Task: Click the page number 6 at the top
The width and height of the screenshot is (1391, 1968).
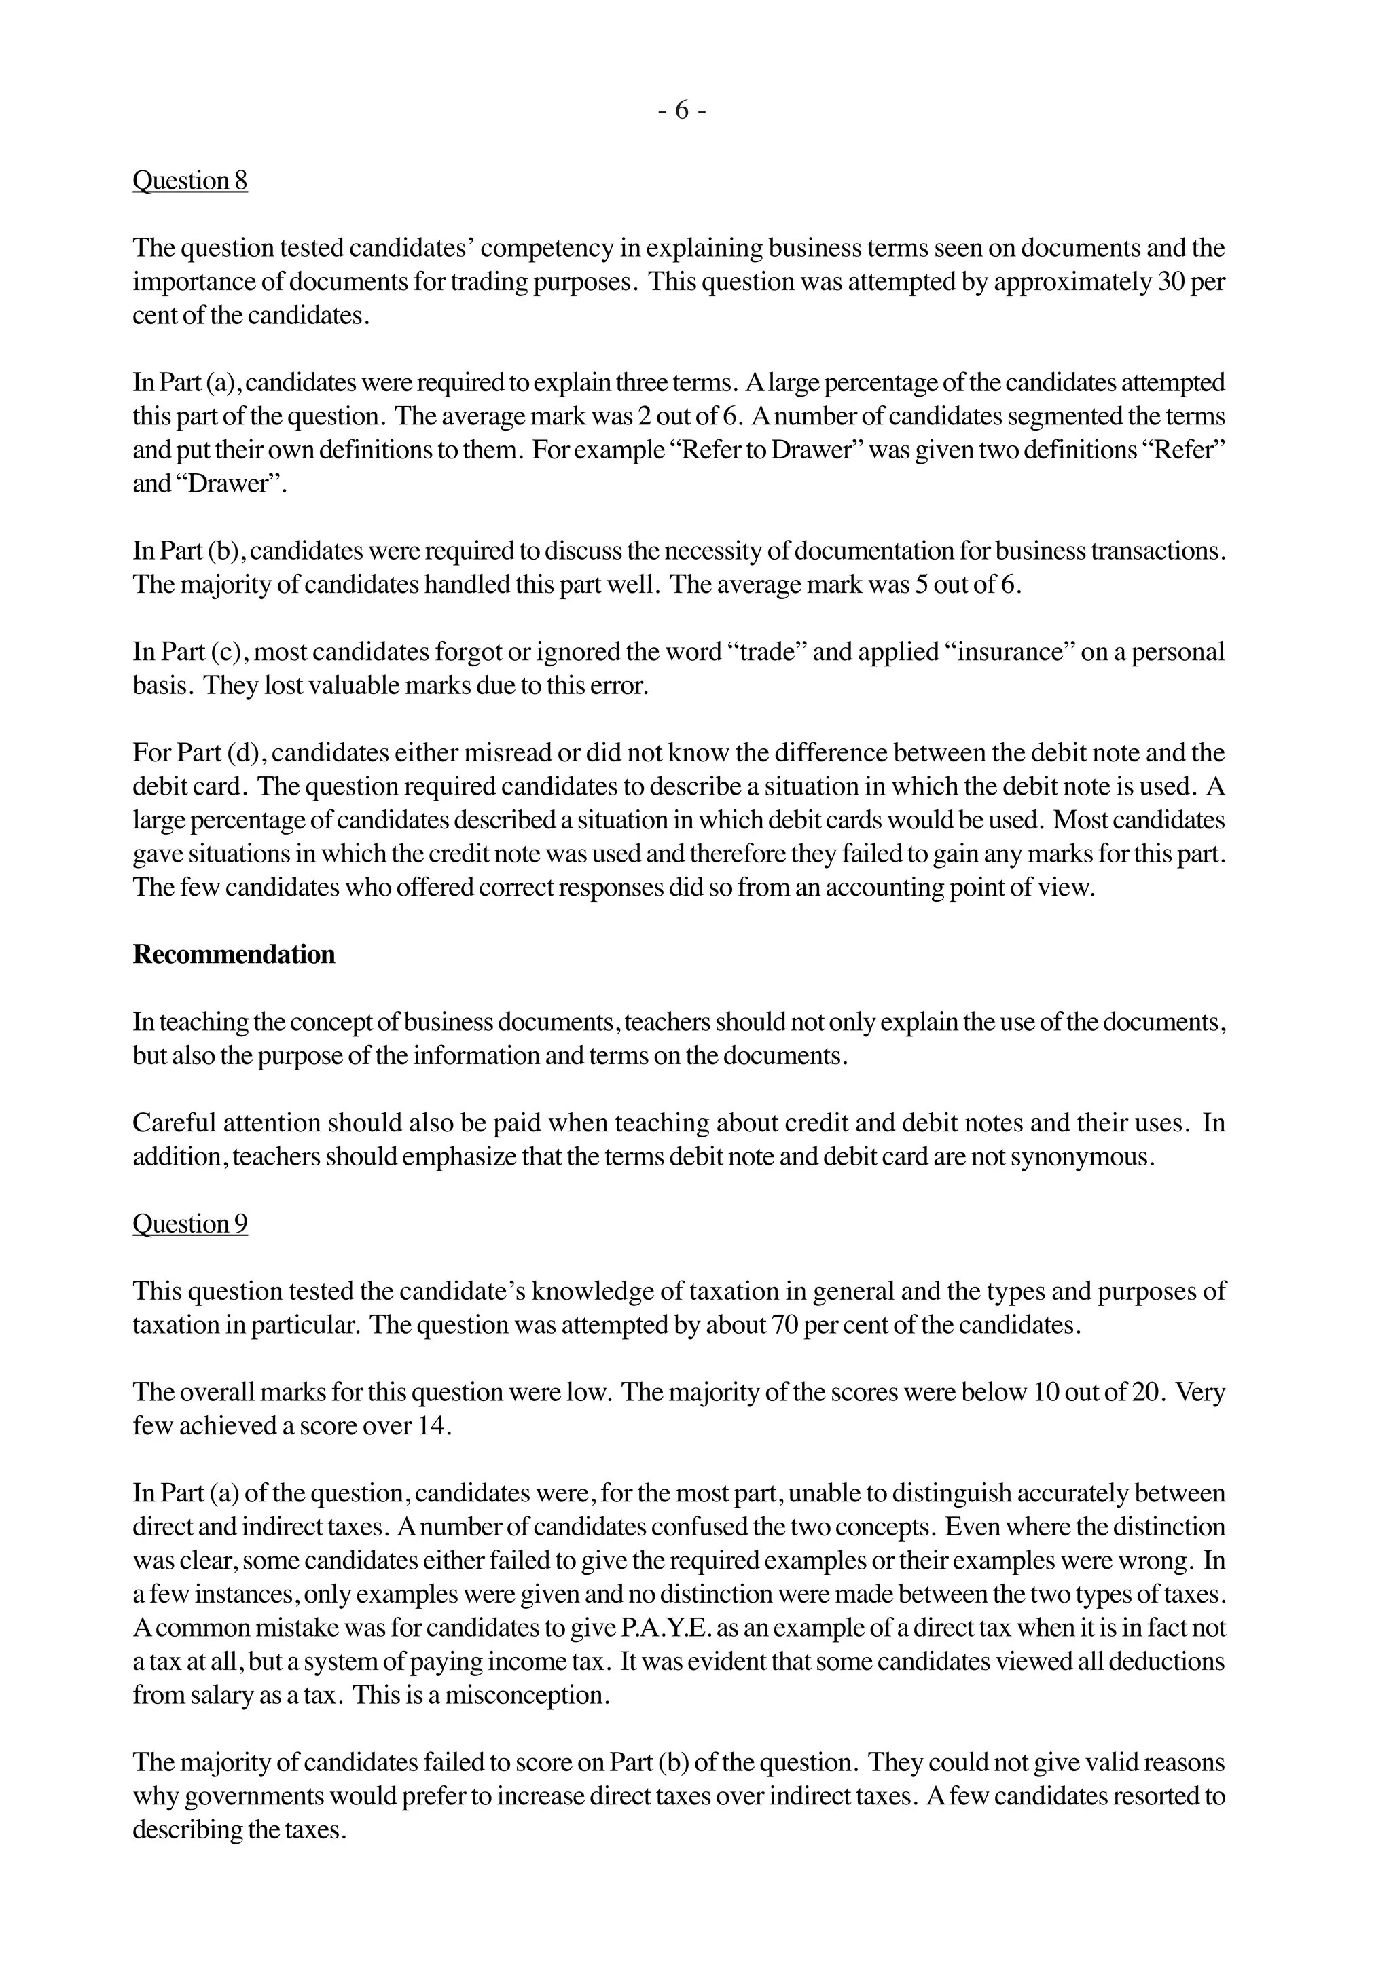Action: [682, 111]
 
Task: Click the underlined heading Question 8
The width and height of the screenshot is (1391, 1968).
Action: [189, 181]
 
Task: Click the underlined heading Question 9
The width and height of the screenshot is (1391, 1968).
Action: [189, 1224]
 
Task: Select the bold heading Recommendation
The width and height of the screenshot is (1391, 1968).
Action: [233, 955]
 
